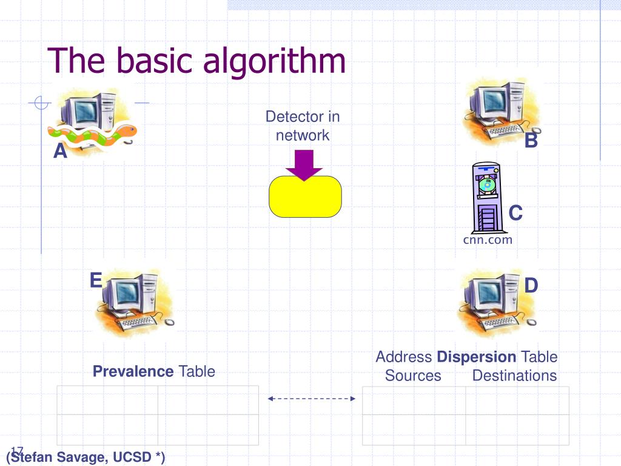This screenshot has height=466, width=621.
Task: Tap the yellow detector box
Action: pyautogui.click(x=305, y=197)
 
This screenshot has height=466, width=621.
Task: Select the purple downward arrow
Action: pyautogui.click(x=304, y=164)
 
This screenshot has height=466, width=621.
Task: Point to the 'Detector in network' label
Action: pyautogui.click(x=303, y=126)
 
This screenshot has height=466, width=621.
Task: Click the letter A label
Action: pyautogui.click(x=60, y=150)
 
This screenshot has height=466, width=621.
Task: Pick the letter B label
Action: pyautogui.click(x=531, y=141)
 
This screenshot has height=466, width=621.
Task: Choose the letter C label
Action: pyautogui.click(x=515, y=213)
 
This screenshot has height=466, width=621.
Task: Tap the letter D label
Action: pyautogui.click(x=531, y=285)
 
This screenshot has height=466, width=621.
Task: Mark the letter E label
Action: pyautogui.click(x=96, y=280)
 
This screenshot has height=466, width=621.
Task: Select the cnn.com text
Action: pyautogui.click(x=488, y=240)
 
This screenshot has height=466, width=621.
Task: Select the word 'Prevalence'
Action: pyautogui.click(x=133, y=371)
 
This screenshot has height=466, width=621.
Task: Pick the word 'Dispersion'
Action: pyautogui.click(x=477, y=357)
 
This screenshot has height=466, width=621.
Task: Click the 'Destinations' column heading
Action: pyautogui.click(x=514, y=376)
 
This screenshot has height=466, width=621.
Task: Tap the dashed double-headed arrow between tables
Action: pyautogui.click(x=311, y=399)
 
